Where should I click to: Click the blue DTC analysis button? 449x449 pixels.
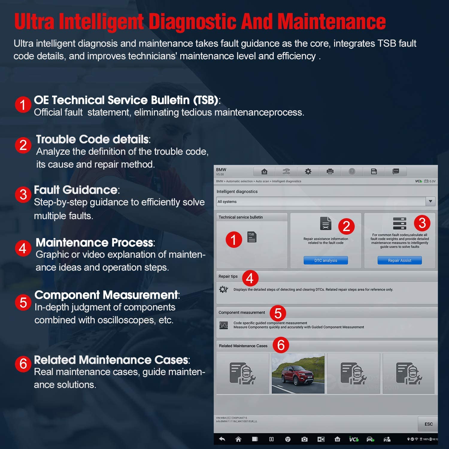click(x=326, y=260)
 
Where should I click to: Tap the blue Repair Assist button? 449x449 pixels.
click(x=400, y=260)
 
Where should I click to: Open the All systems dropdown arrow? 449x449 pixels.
click(x=430, y=201)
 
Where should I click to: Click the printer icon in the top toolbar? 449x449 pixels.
click(x=330, y=172)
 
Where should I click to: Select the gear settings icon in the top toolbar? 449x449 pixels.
click(x=308, y=172)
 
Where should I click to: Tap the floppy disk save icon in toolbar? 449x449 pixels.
click(x=374, y=172)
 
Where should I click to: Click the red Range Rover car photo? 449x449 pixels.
click(x=298, y=373)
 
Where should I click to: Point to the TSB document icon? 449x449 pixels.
click(x=252, y=237)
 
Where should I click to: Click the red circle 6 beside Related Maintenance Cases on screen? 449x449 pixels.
click(x=281, y=345)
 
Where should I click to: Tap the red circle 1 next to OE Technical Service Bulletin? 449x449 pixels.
click(x=23, y=105)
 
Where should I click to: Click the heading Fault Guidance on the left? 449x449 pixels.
click(x=76, y=190)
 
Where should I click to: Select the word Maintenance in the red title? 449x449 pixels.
click(x=331, y=22)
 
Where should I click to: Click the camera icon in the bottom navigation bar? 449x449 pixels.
click(x=304, y=439)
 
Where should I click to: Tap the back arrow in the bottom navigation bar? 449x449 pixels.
click(x=222, y=439)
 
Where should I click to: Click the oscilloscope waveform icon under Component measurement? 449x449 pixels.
click(x=224, y=325)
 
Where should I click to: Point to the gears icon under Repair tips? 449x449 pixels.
click(x=223, y=289)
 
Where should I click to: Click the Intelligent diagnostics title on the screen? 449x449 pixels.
click(x=237, y=192)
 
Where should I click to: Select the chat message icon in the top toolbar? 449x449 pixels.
click(x=396, y=172)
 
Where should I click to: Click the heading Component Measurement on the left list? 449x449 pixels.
click(x=106, y=295)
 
